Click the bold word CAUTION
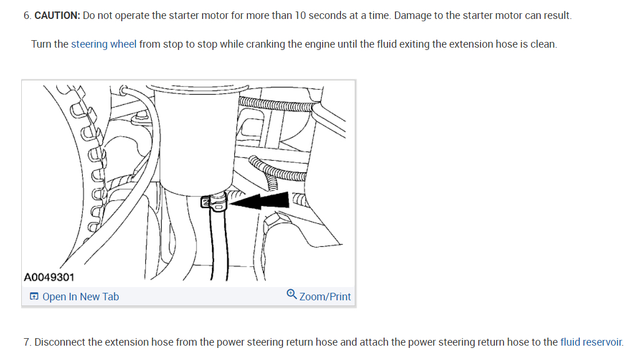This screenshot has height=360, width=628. tap(57, 16)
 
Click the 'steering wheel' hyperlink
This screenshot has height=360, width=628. tap(104, 44)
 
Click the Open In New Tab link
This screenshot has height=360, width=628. tap(80, 297)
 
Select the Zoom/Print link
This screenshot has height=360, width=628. tap(325, 297)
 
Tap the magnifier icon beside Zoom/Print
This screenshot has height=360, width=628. tap(292, 295)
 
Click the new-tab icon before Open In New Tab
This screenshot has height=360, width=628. tap(34, 297)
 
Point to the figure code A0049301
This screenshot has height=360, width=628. tap(49, 277)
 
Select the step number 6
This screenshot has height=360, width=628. tap(26, 16)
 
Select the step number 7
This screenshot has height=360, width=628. tap(26, 342)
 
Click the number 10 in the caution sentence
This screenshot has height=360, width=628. tap(300, 16)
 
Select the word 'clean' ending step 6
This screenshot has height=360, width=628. tap(543, 44)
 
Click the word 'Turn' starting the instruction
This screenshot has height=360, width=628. tap(41, 44)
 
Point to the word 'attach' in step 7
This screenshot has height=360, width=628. tap(374, 342)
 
